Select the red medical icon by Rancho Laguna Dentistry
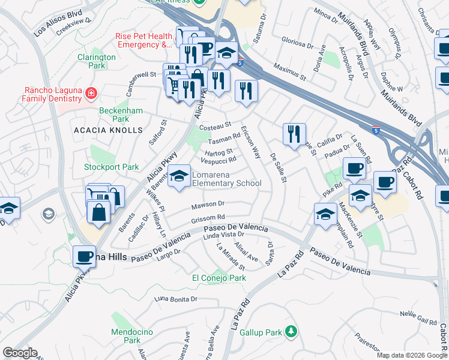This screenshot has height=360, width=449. [x=91, y=93]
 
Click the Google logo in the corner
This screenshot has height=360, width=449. [x=20, y=352]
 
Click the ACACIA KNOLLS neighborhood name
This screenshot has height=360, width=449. [x=108, y=130]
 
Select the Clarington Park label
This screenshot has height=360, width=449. [x=96, y=61]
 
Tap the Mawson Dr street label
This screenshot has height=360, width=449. [x=208, y=205]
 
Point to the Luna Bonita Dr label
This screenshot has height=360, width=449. [x=176, y=299]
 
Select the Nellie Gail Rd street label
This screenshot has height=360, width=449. [x=418, y=316]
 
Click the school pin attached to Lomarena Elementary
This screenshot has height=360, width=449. [x=178, y=176]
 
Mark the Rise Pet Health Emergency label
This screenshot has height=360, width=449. [x=144, y=40]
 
